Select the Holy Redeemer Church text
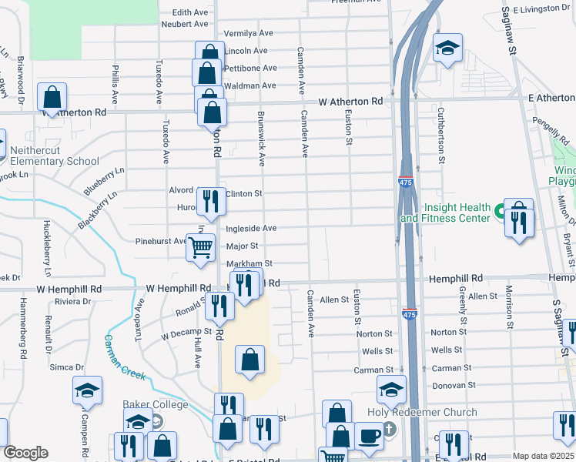point(433,413)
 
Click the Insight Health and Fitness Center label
point(456,213)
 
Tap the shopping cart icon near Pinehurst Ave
point(201,248)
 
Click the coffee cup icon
point(369,436)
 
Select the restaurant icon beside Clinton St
point(210,202)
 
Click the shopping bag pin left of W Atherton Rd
point(52,98)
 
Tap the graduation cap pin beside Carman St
point(391,390)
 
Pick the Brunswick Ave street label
point(261,138)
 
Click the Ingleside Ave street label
point(250,229)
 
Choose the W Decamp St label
point(185,336)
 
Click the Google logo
point(25,453)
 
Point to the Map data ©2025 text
point(543,456)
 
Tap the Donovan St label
point(452,384)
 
